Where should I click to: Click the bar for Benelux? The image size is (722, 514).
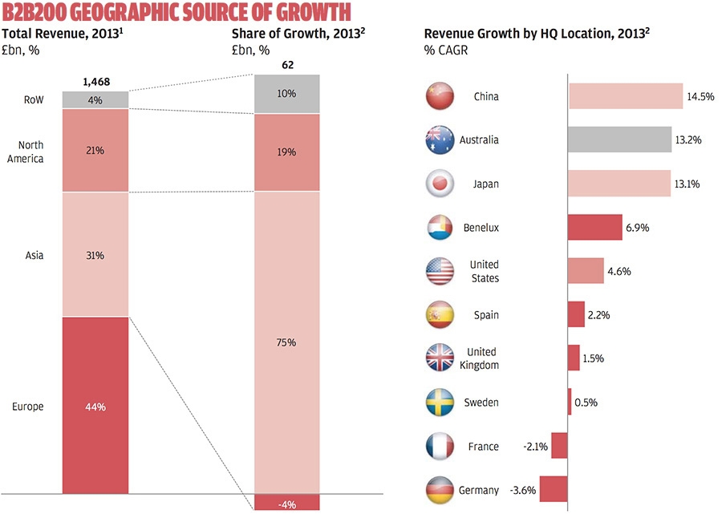(x=594, y=228)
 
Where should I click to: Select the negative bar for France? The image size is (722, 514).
(x=559, y=446)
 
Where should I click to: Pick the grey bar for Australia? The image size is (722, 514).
(x=619, y=140)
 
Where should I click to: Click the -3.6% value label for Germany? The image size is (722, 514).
(x=524, y=490)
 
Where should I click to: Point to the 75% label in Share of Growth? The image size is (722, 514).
(x=286, y=342)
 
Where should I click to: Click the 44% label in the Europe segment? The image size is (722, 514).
(x=95, y=407)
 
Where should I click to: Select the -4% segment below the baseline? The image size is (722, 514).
(x=286, y=503)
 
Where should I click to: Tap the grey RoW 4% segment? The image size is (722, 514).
(x=95, y=99)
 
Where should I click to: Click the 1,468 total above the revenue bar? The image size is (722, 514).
(x=95, y=82)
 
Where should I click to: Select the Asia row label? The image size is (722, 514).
(x=34, y=256)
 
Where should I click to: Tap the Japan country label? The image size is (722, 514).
(x=485, y=184)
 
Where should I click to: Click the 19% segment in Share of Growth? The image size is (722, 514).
(x=286, y=152)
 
